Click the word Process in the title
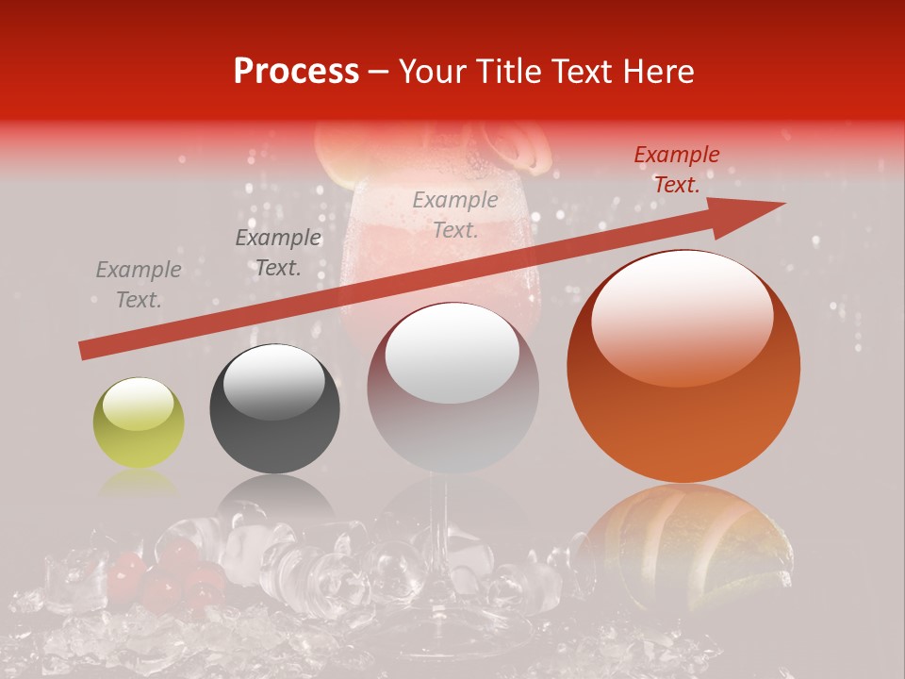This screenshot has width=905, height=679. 296,72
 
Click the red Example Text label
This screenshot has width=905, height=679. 676,170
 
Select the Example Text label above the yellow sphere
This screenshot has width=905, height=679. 139,285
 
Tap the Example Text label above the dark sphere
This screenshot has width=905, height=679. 277,253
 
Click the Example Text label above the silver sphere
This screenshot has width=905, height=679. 455,214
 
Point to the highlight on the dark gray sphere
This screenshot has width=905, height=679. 273,380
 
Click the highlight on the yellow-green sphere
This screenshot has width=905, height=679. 138,404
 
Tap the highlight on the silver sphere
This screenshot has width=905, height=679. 452,354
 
